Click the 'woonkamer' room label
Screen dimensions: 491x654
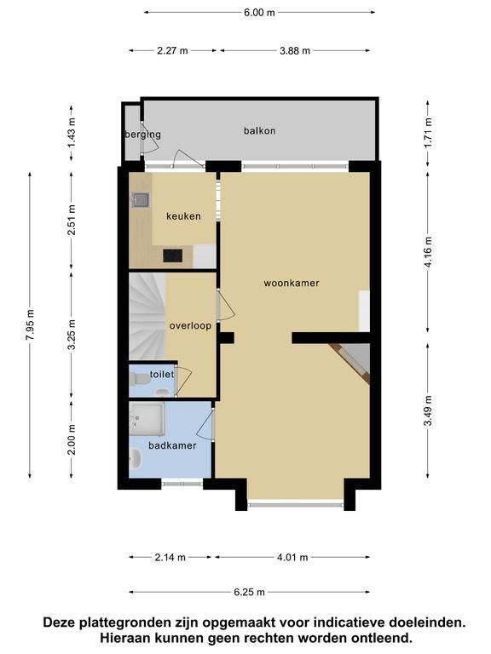[292, 284]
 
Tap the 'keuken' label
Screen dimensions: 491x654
[183, 216]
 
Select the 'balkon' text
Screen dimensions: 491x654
[259, 130]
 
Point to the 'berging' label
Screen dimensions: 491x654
[143, 135]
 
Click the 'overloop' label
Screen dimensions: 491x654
[190, 325]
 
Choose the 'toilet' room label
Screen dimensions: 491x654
[162, 374]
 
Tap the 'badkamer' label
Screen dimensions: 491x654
[172, 445]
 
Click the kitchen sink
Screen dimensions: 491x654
[140, 200]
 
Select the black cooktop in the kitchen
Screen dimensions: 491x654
[172, 255]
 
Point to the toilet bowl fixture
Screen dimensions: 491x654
[140, 379]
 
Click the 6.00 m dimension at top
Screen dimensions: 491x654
[259, 13]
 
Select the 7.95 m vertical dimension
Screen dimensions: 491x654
[30, 325]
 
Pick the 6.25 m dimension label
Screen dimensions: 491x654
[249, 592]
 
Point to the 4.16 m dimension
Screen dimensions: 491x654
[428, 252]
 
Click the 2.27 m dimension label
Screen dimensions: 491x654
[172, 51]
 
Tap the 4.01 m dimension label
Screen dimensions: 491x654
[292, 557]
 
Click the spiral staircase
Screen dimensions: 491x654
[147, 316]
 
